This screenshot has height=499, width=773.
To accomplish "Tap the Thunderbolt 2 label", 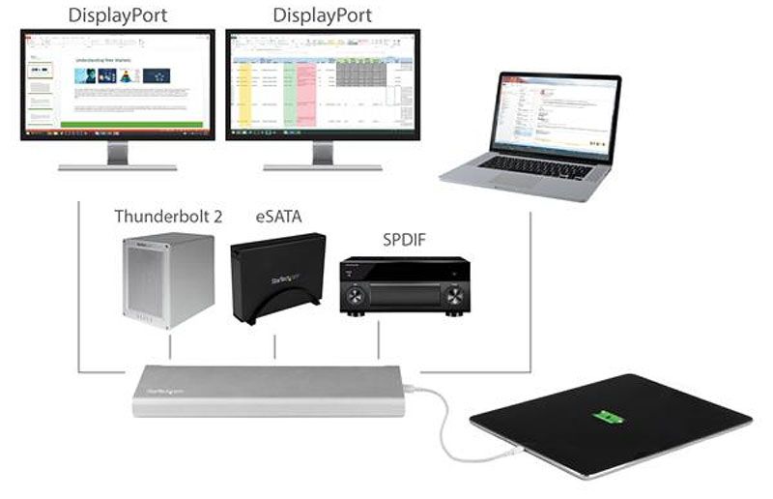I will click(x=168, y=216).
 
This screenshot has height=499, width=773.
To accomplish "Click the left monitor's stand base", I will click(x=117, y=166).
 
